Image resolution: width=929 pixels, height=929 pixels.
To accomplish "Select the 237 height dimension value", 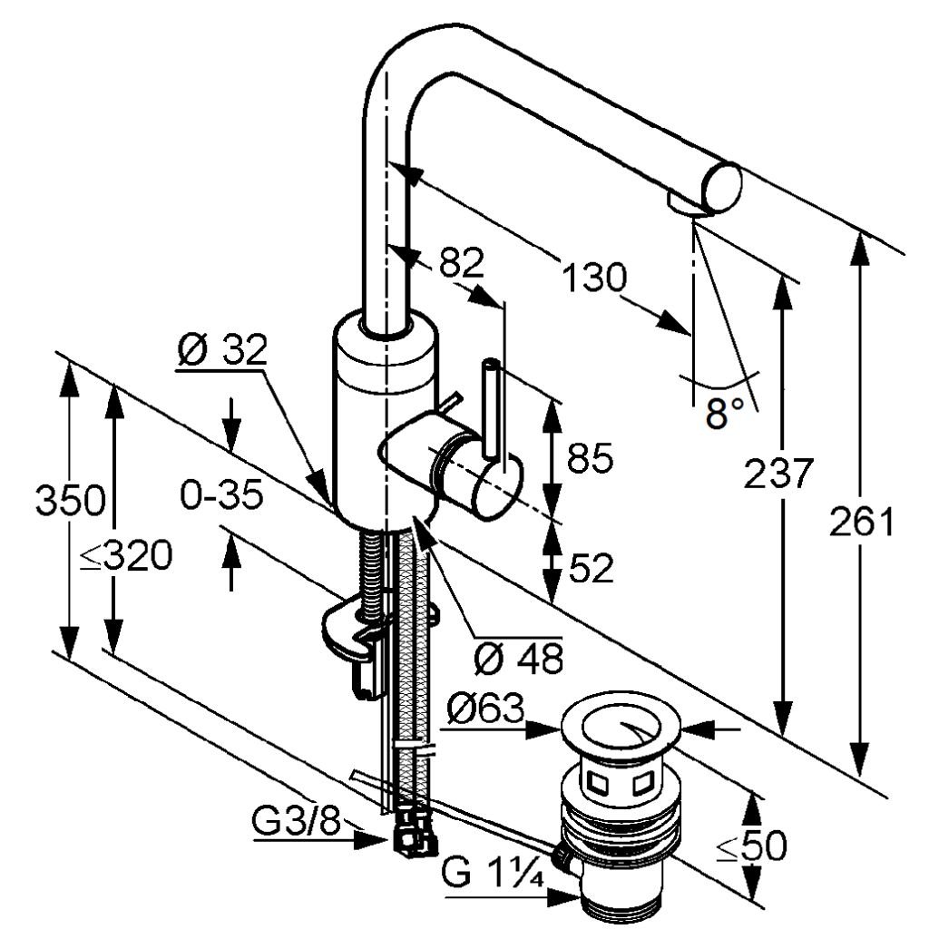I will click(x=776, y=474).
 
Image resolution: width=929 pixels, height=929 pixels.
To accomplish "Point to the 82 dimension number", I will click(x=461, y=263).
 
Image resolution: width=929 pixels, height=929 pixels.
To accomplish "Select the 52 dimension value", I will click(x=590, y=569).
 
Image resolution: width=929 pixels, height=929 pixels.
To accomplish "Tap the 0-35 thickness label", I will click(x=221, y=495).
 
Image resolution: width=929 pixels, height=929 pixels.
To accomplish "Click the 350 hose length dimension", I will click(x=69, y=500).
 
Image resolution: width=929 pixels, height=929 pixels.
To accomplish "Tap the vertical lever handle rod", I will click(x=491, y=408).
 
